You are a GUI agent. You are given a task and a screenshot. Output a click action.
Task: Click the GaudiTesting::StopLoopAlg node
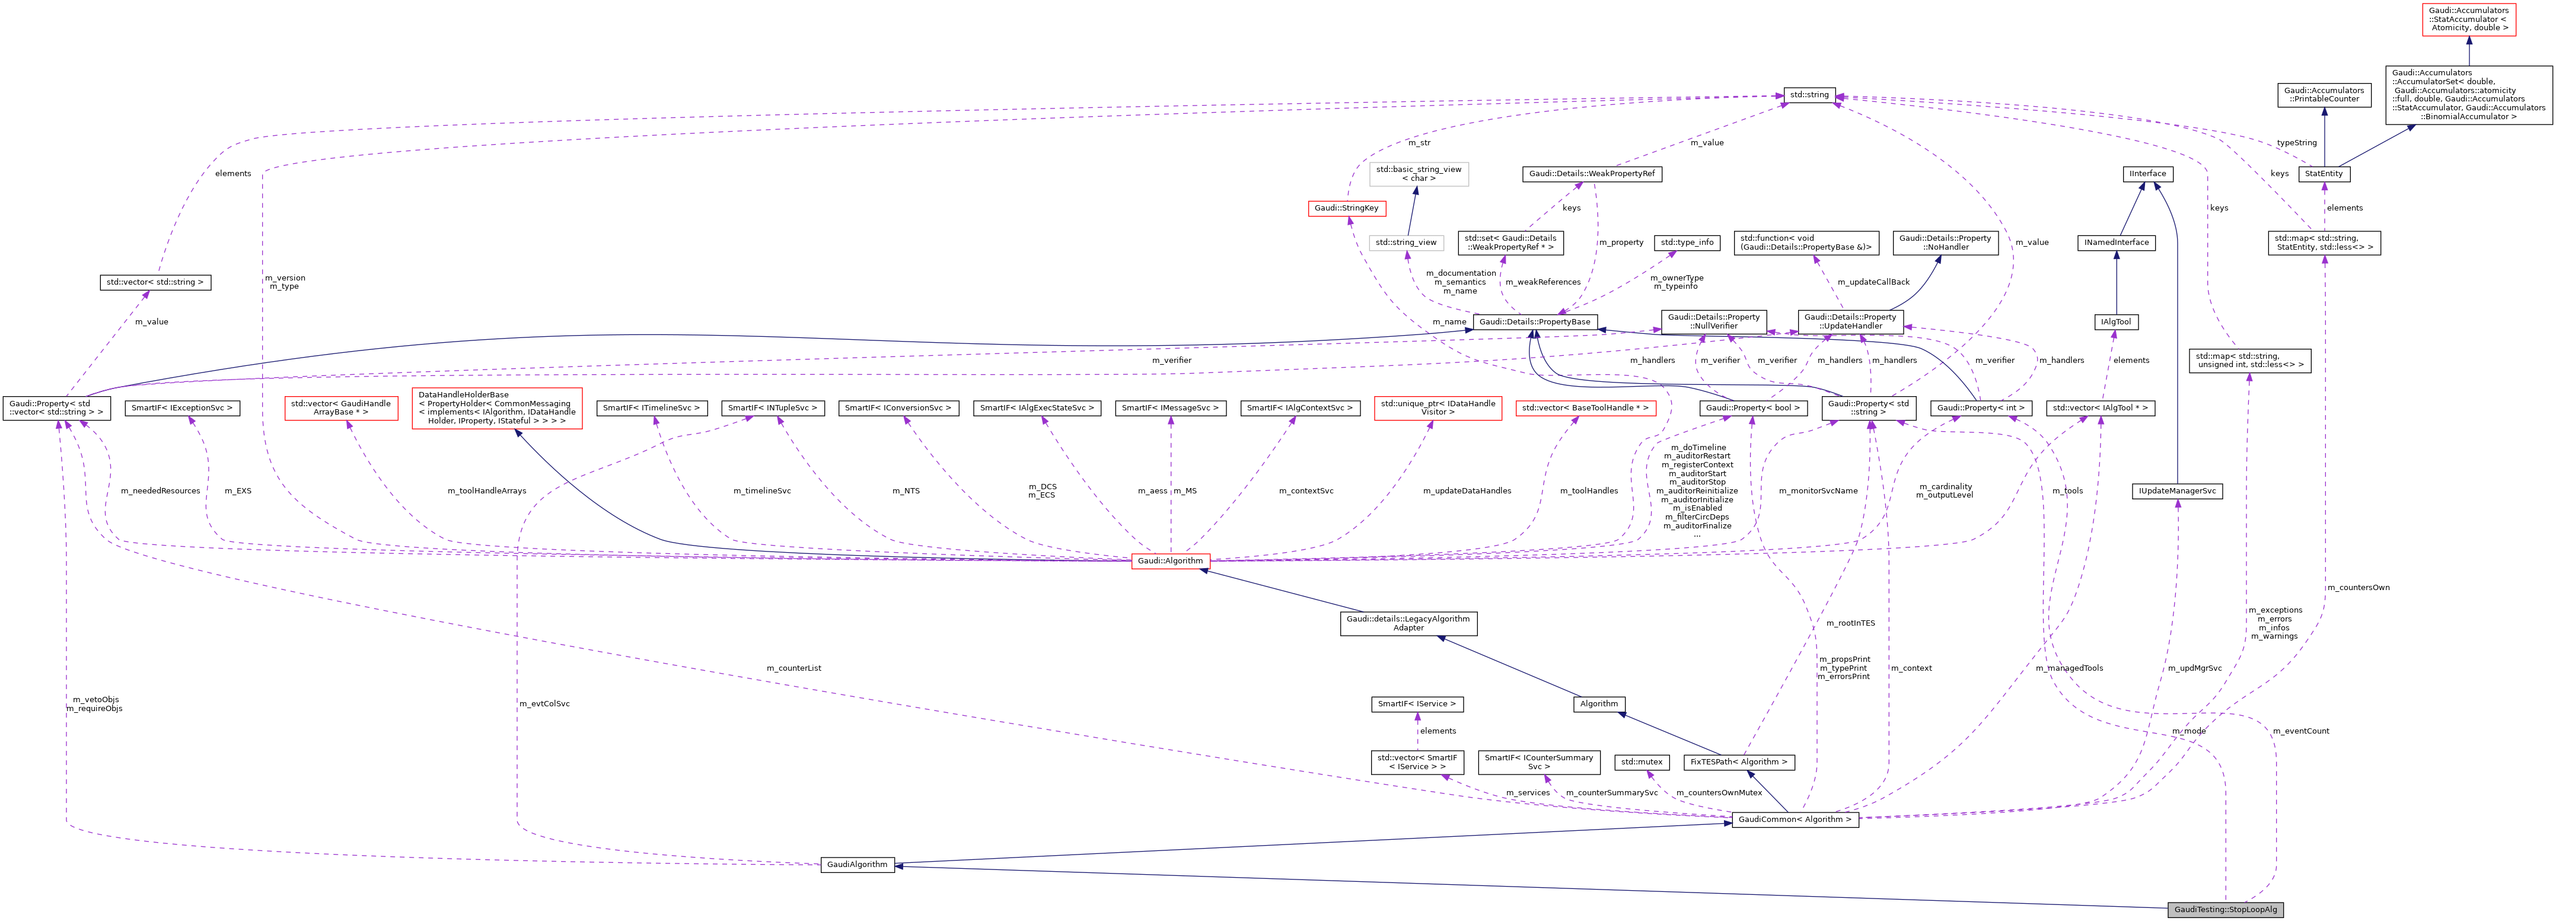click(x=2226, y=909)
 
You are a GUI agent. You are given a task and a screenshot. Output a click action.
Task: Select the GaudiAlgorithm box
click(x=858, y=865)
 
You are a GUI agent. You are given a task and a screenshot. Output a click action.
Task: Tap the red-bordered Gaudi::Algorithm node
click(x=1170, y=561)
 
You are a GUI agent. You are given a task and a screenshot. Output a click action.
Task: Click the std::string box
click(x=1809, y=95)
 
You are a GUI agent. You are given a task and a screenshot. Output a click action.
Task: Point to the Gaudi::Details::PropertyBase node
click(x=1534, y=321)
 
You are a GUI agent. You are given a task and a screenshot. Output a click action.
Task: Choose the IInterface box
click(x=2147, y=174)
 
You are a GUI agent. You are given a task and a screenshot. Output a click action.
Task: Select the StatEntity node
click(x=2324, y=174)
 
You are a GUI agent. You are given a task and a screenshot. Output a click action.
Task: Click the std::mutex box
click(x=1641, y=762)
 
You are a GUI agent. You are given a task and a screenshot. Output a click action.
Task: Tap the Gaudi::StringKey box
click(x=1346, y=208)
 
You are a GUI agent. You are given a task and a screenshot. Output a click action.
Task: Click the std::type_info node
click(x=1687, y=242)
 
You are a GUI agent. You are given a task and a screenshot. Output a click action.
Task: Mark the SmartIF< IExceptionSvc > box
click(x=183, y=408)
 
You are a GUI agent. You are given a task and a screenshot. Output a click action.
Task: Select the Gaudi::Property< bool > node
click(x=1752, y=408)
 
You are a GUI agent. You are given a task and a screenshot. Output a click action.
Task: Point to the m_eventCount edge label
click(x=2300, y=731)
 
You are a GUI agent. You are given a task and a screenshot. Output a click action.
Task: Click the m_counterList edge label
click(x=794, y=668)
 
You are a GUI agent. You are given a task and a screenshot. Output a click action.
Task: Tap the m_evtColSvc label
click(x=545, y=704)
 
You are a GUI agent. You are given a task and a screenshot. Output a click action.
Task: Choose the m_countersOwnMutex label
click(x=1719, y=793)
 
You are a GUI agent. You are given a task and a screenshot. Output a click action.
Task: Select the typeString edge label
click(x=2296, y=143)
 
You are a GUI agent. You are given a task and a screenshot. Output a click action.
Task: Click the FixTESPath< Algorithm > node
click(x=1738, y=762)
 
